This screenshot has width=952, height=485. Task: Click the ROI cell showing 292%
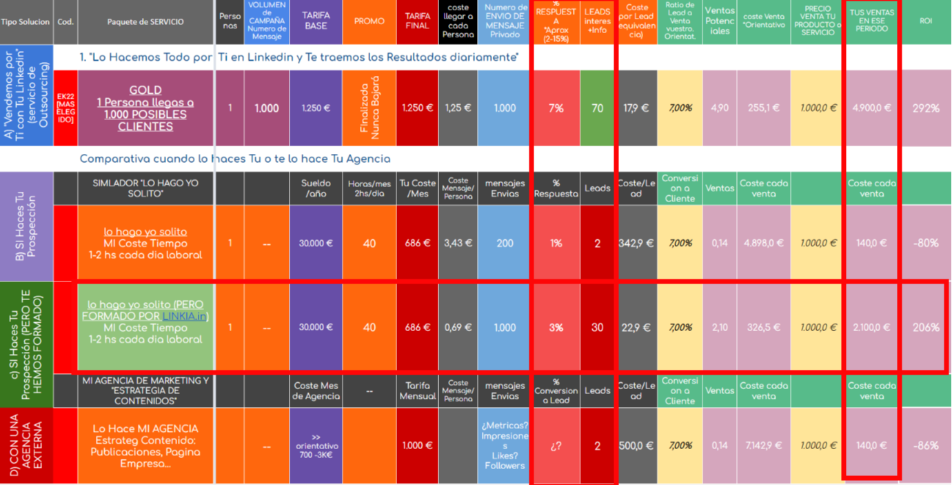pos(926,108)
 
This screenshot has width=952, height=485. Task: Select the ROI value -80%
pos(926,243)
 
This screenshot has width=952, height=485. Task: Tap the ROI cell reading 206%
pos(926,328)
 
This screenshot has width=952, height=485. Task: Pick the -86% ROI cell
pos(926,446)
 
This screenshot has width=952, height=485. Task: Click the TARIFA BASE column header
pos(316,21)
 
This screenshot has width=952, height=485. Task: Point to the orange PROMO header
pos(369,21)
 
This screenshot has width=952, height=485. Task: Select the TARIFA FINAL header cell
pos(417,21)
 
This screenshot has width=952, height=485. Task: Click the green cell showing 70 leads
pos(597,108)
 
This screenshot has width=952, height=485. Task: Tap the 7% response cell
pos(556,108)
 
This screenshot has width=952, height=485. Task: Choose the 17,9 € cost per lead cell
pos(637,108)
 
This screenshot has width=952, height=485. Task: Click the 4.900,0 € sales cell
pos(871,108)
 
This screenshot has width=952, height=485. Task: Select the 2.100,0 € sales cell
pos(871,328)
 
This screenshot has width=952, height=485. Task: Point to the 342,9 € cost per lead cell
pos(637,243)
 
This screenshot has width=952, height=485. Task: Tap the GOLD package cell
pos(145,108)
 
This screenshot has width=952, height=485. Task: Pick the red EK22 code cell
pos(65,108)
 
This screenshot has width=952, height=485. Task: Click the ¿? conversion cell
pos(556,446)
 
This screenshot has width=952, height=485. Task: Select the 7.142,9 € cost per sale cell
pos(764,446)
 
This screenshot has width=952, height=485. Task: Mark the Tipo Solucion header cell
pos(26,21)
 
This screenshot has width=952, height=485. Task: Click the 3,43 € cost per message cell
pos(458,243)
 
